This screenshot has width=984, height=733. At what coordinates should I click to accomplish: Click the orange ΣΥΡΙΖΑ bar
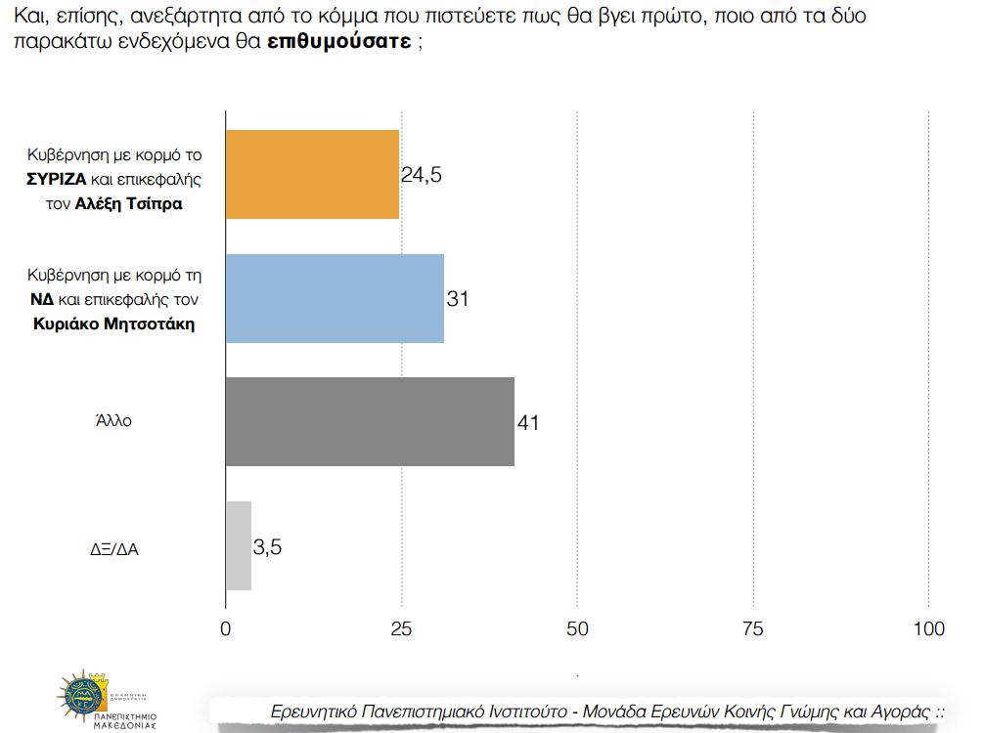click(312, 174)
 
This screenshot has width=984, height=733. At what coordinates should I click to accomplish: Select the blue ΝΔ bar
click(335, 298)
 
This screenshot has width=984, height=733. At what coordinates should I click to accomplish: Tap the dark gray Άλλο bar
click(370, 421)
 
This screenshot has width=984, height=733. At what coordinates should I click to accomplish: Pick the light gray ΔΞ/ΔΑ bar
click(239, 545)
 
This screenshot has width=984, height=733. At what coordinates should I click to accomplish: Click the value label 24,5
click(422, 175)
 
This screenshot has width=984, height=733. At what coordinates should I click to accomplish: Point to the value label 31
click(458, 299)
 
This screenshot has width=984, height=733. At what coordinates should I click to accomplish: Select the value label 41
click(528, 422)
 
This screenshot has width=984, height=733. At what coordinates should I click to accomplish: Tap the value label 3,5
click(267, 546)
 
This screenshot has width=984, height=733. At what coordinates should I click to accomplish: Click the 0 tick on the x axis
click(226, 628)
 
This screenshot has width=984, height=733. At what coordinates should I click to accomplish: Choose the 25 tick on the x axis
click(401, 628)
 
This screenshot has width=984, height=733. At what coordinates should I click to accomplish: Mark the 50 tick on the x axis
click(577, 628)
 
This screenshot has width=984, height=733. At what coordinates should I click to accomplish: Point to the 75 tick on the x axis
click(753, 628)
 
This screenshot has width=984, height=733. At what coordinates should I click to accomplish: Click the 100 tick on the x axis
click(928, 628)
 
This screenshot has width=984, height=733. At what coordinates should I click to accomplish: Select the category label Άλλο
click(113, 422)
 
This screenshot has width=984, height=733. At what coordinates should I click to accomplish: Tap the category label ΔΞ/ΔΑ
click(113, 547)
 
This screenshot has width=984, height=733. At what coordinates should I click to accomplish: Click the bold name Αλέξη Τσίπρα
click(129, 205)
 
